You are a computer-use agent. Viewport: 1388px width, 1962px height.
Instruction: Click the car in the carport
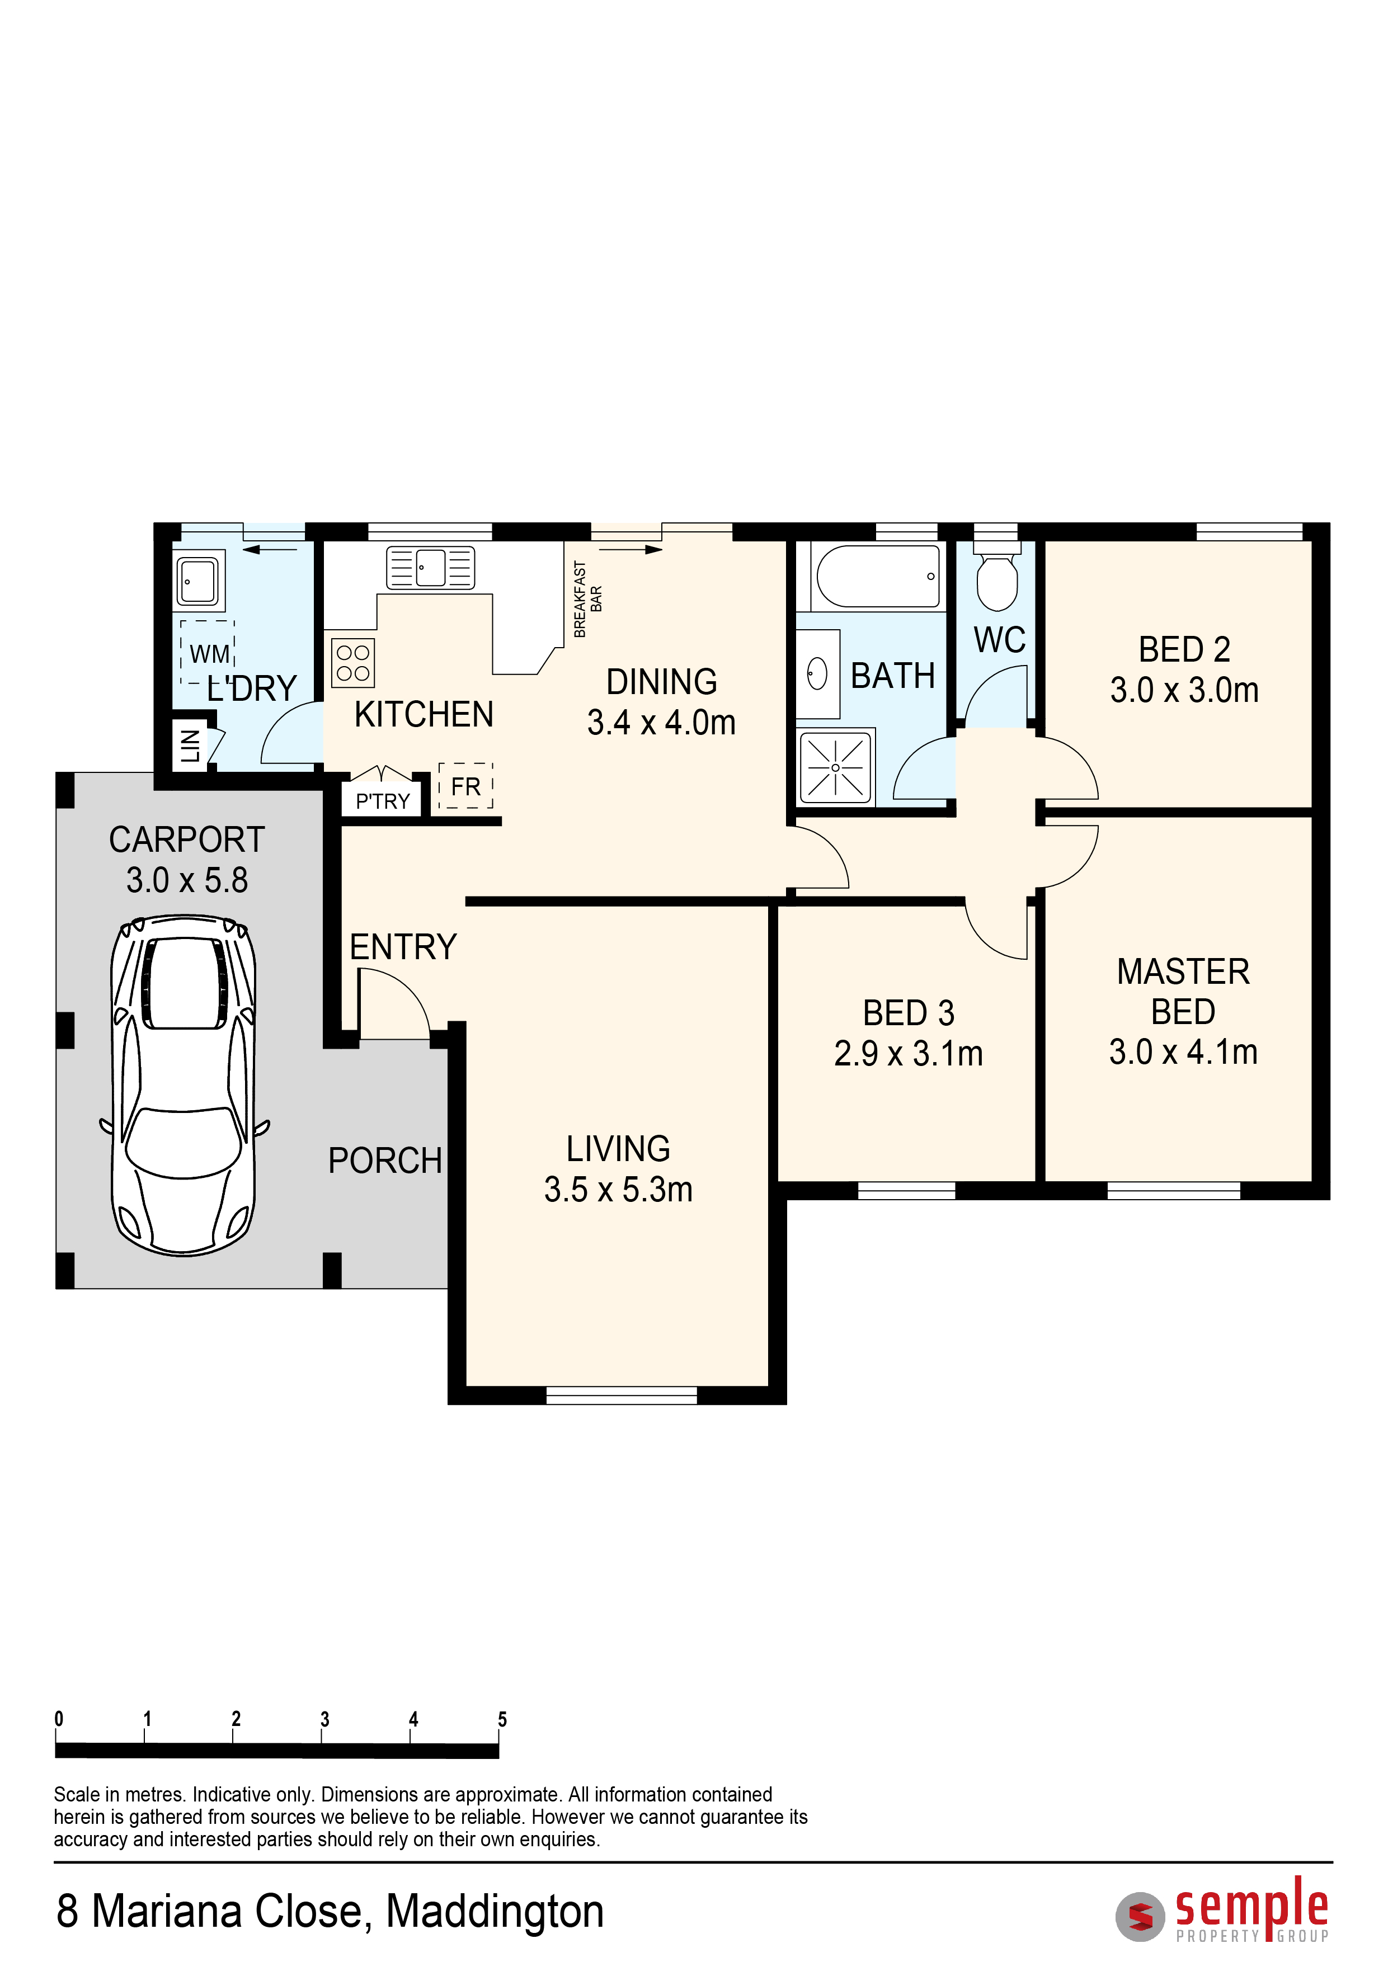(x=184, y=1085)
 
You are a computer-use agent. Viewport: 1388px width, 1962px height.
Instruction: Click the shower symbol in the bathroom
(x=835, y=767)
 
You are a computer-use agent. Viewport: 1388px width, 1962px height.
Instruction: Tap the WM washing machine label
(x=209, y=654)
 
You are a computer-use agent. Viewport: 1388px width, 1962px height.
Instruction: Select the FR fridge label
(x=466, y=786)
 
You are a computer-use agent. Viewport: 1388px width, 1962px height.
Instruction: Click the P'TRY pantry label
(x=383, y=801)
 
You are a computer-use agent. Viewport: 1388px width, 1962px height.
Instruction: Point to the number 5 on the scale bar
(x=502, y=1719)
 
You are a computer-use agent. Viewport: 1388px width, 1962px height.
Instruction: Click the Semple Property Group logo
(x=1223, y=1909)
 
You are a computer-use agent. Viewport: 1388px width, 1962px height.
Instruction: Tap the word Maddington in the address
(x=495, y=1911)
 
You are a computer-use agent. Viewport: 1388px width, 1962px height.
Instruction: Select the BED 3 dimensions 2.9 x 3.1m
(x=909, y=1054)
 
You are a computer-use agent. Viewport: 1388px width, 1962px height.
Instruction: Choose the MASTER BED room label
(x=1184, y=991)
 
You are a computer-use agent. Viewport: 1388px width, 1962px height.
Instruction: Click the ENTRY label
(x=403, y=947)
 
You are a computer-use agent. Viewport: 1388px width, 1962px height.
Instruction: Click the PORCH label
(x=385, y=1161)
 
